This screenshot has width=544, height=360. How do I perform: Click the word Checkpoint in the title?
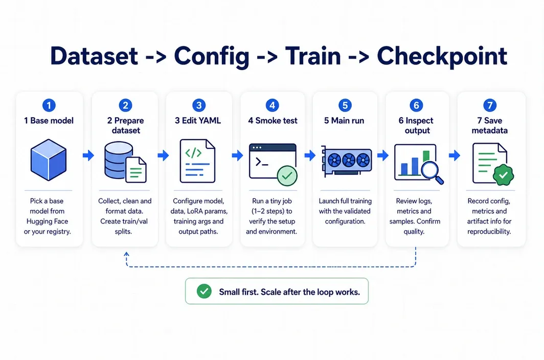point(442,56)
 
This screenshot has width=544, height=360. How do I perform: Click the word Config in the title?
point(212,57)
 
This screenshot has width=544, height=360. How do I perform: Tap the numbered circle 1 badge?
point(49,105)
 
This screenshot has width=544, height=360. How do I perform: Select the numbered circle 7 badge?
point(490,105)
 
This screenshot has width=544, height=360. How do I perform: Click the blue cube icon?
point(48,160)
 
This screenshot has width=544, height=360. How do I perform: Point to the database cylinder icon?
point(119,160)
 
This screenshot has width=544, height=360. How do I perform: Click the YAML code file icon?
point(197,161)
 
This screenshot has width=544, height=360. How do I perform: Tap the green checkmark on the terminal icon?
point(287,176)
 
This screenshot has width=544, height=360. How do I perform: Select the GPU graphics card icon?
point(347,161)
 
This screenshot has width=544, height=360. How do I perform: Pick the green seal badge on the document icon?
point(503,175)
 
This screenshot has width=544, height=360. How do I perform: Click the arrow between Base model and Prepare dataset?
point(88,155)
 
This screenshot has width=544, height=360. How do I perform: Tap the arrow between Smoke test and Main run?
point(310,155)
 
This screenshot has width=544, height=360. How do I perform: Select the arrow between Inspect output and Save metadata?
point(454,155)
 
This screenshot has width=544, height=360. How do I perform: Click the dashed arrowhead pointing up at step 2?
point(127,254)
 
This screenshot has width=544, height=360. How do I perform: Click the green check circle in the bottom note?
point(204,291)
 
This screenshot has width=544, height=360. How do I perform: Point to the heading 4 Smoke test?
point(273,121)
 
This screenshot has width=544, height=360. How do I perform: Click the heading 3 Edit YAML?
point(198,121)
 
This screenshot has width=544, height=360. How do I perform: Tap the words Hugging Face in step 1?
point(47,221)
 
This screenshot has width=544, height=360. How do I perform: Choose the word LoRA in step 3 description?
point(196,211)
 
